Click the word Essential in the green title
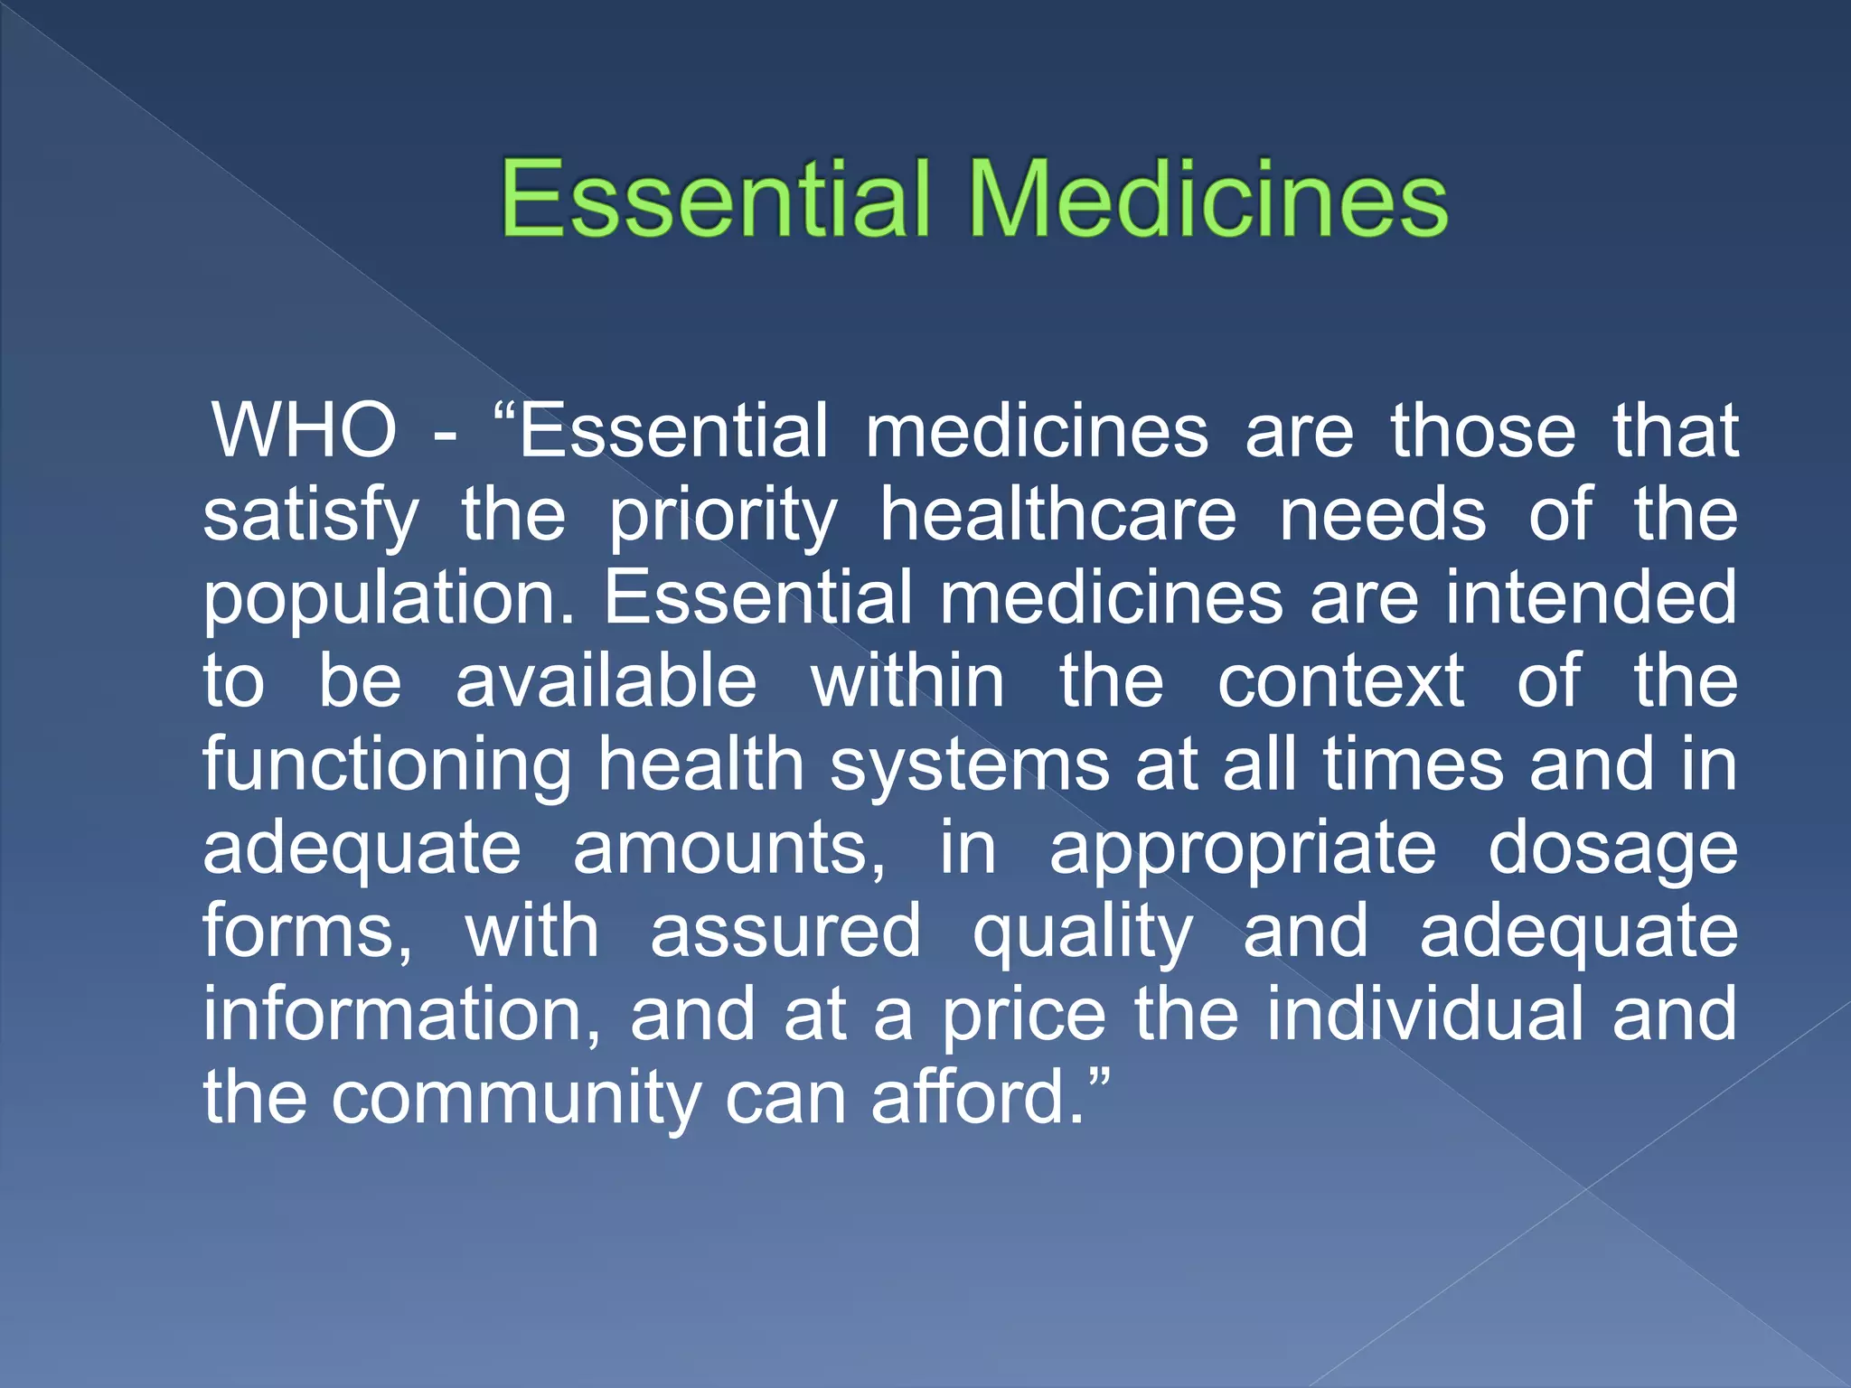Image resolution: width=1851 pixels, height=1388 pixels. pos(714,199)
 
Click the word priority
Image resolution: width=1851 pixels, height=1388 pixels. pos(723,517)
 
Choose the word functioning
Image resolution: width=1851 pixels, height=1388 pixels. pos(387,766)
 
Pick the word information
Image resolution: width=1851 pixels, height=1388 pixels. pos(401,1015)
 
